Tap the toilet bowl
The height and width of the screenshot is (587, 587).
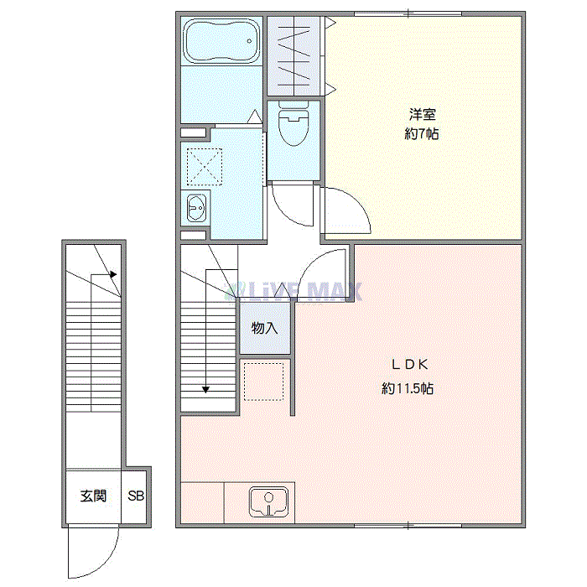click(293, 126)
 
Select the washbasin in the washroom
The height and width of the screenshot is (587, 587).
click(196, 206)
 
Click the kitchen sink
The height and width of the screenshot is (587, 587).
click(268, 503)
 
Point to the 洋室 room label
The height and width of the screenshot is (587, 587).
click(422, 114)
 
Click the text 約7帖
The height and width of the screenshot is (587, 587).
click(422, 134)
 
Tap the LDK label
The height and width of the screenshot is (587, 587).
click(411, 365)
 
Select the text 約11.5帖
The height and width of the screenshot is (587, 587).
click(408, 388)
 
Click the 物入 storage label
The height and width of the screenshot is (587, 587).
click(264, 328)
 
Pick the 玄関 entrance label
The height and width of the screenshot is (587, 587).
click(93, 496)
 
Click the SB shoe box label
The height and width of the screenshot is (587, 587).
click(136, 496)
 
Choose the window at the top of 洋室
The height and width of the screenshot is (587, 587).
click(408, 13)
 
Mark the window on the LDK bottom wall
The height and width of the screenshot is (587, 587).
click(408, 526)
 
